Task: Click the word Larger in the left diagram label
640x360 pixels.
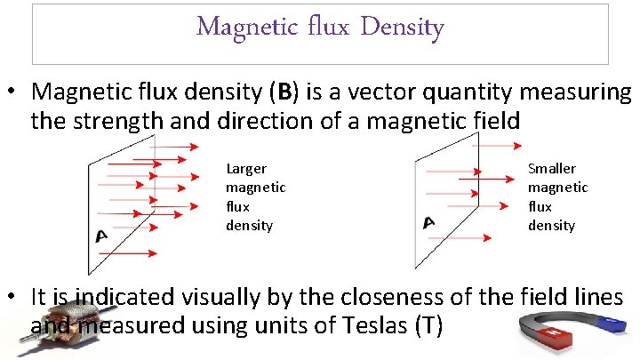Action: (246, 169)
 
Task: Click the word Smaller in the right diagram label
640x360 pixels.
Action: (552, 169)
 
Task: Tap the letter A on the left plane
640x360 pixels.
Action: (101, 235)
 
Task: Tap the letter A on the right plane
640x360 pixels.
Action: (429, 221)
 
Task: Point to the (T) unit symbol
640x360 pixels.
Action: (428, 325)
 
